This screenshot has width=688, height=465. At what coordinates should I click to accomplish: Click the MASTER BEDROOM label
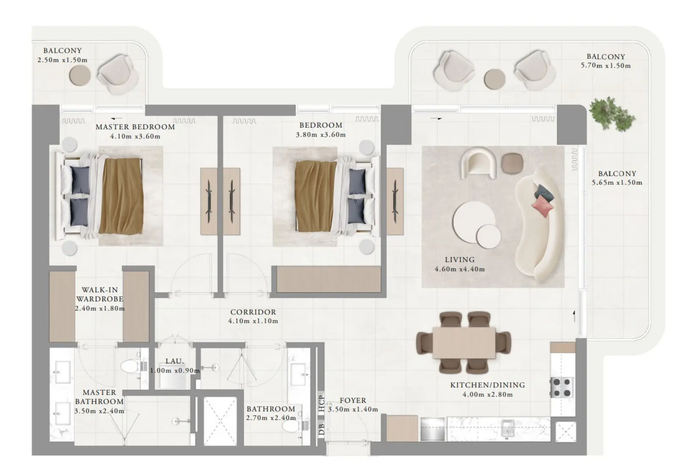pyautogui.click(x=135, y=127)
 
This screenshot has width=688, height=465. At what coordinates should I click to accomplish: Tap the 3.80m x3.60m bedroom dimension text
pyautogui.click(x=321, y=135)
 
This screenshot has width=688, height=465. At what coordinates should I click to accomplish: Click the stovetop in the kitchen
pyautogui.click(x=562, y=388)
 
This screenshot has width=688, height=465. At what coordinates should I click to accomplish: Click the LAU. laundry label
pyautogui.click(x=175, y=361)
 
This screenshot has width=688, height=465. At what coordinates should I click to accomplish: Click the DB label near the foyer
pyautogui.click(x=322, y=429)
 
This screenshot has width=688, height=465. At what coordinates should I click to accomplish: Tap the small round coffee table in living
pyautogui.click(x=488, y=236)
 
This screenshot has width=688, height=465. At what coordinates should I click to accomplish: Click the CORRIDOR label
pyautogui.click(x=253, y=312)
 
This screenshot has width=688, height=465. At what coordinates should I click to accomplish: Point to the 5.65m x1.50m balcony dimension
pyautogui.click(x=617, y=183)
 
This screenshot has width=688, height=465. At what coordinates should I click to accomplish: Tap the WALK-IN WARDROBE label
pyautogui.click(x=100, y=294)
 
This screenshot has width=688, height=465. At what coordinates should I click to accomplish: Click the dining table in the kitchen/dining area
pyautogui.click(x=464, y=342)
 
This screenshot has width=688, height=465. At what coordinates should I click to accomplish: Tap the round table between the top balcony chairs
pyautogui.click(x=494, y=79)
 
